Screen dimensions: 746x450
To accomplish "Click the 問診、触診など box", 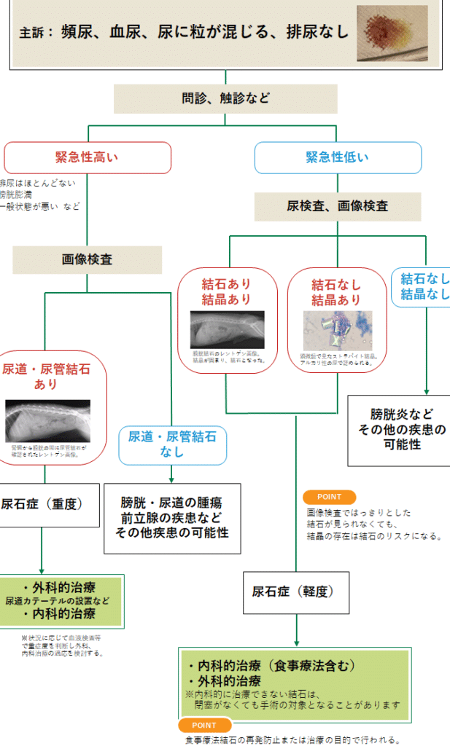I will pyautogui.click(x=225, y=98).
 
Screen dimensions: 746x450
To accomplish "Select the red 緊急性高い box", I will pyautogui.click(x=88, y=157).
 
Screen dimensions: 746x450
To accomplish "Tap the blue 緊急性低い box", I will pyautogui.click(x=338, y=157).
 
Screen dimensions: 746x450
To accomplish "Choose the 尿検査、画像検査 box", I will pyautogui.click(x=338, y=206).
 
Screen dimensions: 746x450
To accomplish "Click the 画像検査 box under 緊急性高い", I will pyautogui.click(x=87, y=259).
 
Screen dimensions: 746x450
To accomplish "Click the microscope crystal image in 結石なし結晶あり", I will pyautogui.click(x=337, y=330).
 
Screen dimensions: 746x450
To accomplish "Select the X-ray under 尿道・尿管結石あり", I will pyautogui.click(x=47, y=420).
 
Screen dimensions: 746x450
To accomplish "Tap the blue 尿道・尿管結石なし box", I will pyautogui.click(x=172, y=444).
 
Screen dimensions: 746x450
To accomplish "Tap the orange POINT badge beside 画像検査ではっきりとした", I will pyautogui.click(x=329, y=497).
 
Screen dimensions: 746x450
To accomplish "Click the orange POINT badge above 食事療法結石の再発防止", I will pyautogui.click(x=204, y=725).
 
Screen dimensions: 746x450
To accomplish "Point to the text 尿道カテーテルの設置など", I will pyautogui.click(x=58, y=601).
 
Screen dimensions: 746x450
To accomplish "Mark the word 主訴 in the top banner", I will pyautogui.click(x=33, y=34).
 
